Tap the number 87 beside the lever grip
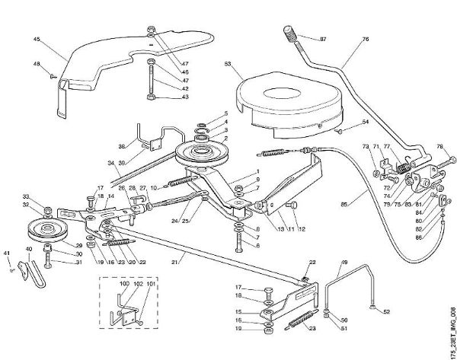322,39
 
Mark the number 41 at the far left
7,253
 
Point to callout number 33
26,197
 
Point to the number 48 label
37,64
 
